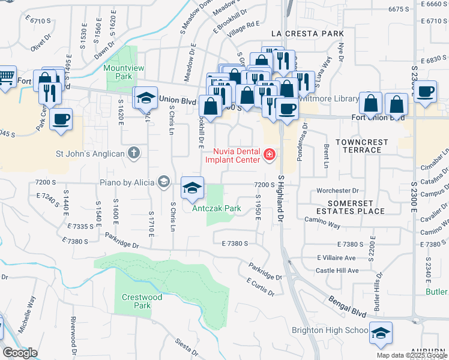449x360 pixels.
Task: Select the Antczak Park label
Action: click(217, 209)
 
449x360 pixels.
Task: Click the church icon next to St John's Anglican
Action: click(134, 154)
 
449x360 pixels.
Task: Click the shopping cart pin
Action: click(5, 77)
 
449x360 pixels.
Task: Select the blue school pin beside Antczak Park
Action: click(192, 188)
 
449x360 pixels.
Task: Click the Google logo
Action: click(20, 353)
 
